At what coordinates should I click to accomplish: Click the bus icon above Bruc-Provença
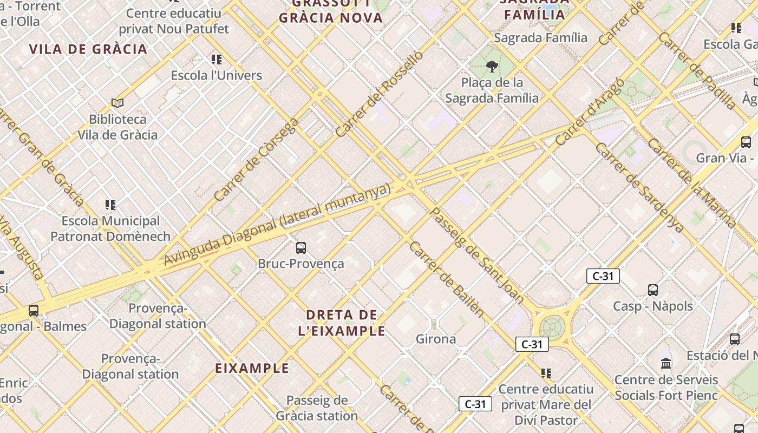(301, 248)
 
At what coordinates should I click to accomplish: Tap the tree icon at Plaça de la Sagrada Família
(492, 67)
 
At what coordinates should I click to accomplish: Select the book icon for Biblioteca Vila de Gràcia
(117, 103)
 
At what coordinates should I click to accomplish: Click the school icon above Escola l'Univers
(217, 60)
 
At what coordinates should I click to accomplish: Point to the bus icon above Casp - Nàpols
(653, 290)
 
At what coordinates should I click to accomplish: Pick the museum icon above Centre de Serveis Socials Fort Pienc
(666, 363)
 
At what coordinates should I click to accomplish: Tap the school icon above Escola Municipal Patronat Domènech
(110, 205)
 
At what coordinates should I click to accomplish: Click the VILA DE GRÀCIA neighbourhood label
(88, 49)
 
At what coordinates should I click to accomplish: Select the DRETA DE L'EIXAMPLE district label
(342, 323)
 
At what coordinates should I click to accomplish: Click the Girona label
(436, 339)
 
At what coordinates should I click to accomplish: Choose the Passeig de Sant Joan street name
(476, 254)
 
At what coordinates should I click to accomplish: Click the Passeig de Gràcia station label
(317, 408)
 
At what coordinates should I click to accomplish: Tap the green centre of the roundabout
(552, 327)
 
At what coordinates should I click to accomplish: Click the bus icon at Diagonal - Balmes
(34, 311)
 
